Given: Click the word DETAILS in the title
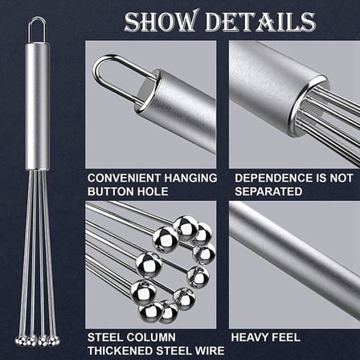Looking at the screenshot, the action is click(260, 21).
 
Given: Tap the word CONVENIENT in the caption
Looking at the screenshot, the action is click(124, 178).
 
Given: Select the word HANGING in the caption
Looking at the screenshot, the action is click(190, 178).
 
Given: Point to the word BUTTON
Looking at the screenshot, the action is click(111, 191).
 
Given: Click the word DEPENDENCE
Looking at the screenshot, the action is click(273, 178).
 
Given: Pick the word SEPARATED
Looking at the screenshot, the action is click(268, 191).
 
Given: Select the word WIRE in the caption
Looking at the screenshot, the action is click(210, 350).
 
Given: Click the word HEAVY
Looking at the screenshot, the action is click(251, 337).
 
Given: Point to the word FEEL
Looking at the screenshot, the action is click(287, 337).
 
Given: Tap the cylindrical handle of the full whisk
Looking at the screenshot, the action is click(38, 106).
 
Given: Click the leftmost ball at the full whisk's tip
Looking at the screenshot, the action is click(19, 341).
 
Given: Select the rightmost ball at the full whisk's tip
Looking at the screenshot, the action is click(55, 341).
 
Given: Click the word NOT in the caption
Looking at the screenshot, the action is click(342, 178).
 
